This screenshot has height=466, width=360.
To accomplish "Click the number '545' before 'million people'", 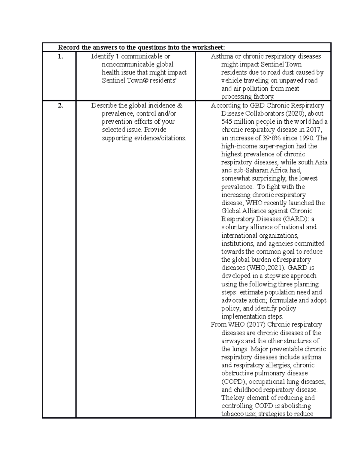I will click(x=227, y=122).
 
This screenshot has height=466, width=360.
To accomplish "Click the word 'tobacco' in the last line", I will click(x=232, y=414).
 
